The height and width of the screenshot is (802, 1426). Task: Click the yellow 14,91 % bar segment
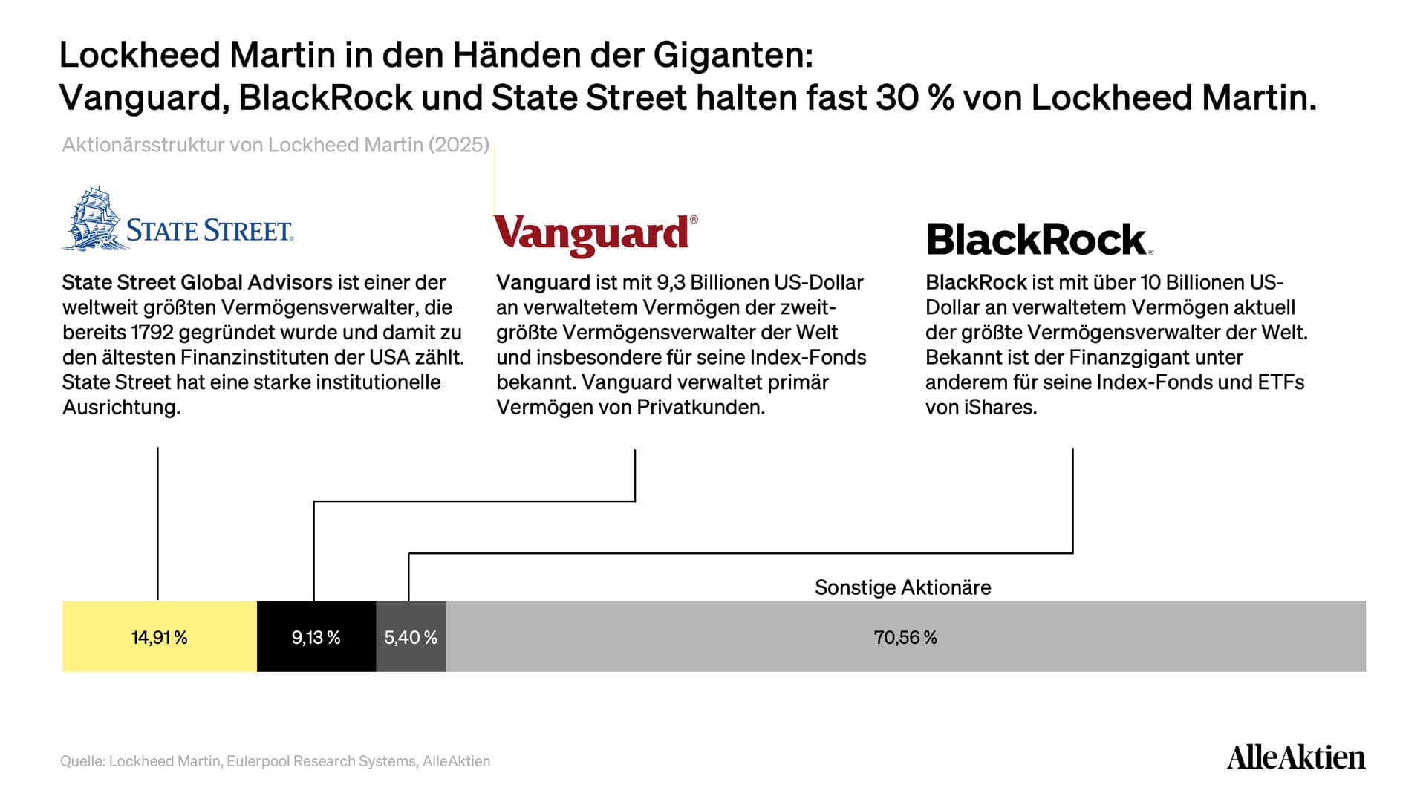click(x=160, y=636)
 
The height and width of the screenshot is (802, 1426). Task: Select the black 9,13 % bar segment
click(x=316, y=636)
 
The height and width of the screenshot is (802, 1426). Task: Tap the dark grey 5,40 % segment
click(x=411, y=636)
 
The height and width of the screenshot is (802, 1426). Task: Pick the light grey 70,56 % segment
click(x=906, y=636)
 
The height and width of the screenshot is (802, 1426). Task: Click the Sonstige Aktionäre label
click(x=902, y=587)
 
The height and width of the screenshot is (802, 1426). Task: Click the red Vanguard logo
click(x=596, y=235)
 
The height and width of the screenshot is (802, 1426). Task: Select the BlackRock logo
click(x=1039, y=239)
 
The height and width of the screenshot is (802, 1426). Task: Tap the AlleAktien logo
click(x=1296, y=757)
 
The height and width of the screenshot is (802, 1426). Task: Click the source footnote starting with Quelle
click(x=276, y=761)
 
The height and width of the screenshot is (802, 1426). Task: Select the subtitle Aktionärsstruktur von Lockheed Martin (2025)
click(x=276, y=145)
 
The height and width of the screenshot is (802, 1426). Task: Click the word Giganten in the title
click(x=733, y=55)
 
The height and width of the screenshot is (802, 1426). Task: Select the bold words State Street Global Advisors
click(x=198, y=282)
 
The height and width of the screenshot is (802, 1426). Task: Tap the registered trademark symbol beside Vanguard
click(x=694, y=220)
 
